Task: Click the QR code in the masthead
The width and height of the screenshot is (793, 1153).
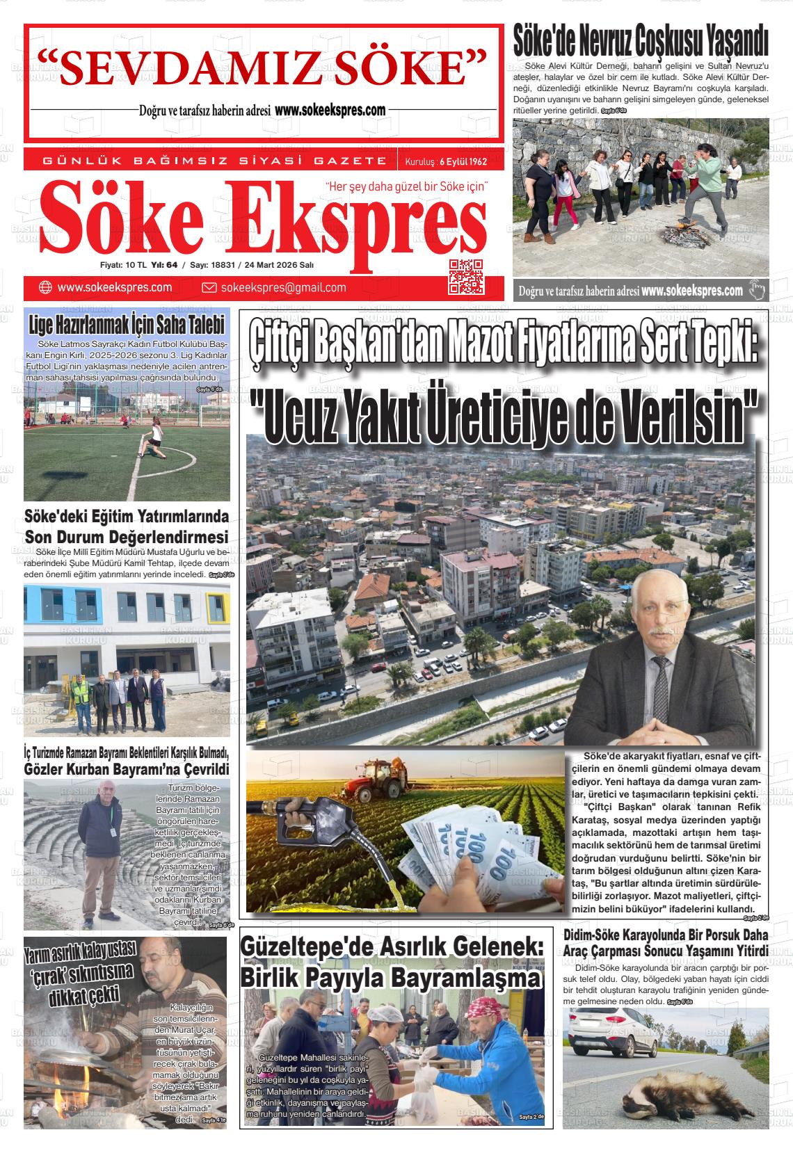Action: pyautogui.click(x=466, y=277)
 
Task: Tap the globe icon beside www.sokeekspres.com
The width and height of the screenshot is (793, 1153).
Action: pyautogui.click(x=45, y=287)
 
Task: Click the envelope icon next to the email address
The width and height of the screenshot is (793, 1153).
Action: pyautogui.click(x=209, y=288)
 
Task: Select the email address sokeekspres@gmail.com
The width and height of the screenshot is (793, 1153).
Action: pyautogui.click(x=283, y=288)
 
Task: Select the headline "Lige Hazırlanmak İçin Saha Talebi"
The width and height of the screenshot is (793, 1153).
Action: pyautogui.click(x=127, y=325)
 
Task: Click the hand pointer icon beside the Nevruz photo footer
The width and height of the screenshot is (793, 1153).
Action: pyautogui.click(x=757, y=291)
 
